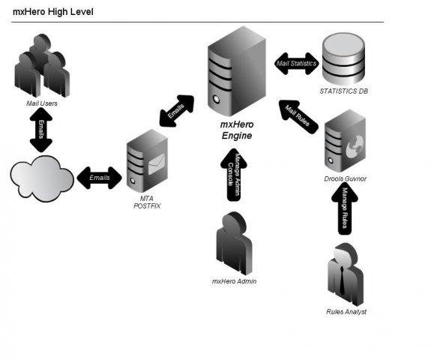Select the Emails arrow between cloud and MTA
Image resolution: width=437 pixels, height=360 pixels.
tap(99, 178)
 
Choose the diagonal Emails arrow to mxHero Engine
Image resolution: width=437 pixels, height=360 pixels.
tap(176, 111)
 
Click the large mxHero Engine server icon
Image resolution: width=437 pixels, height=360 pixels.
tap(236, 71)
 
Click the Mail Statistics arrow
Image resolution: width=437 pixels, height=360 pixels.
tap(297, 62)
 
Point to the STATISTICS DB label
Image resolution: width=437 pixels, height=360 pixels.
tap(343, 92)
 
